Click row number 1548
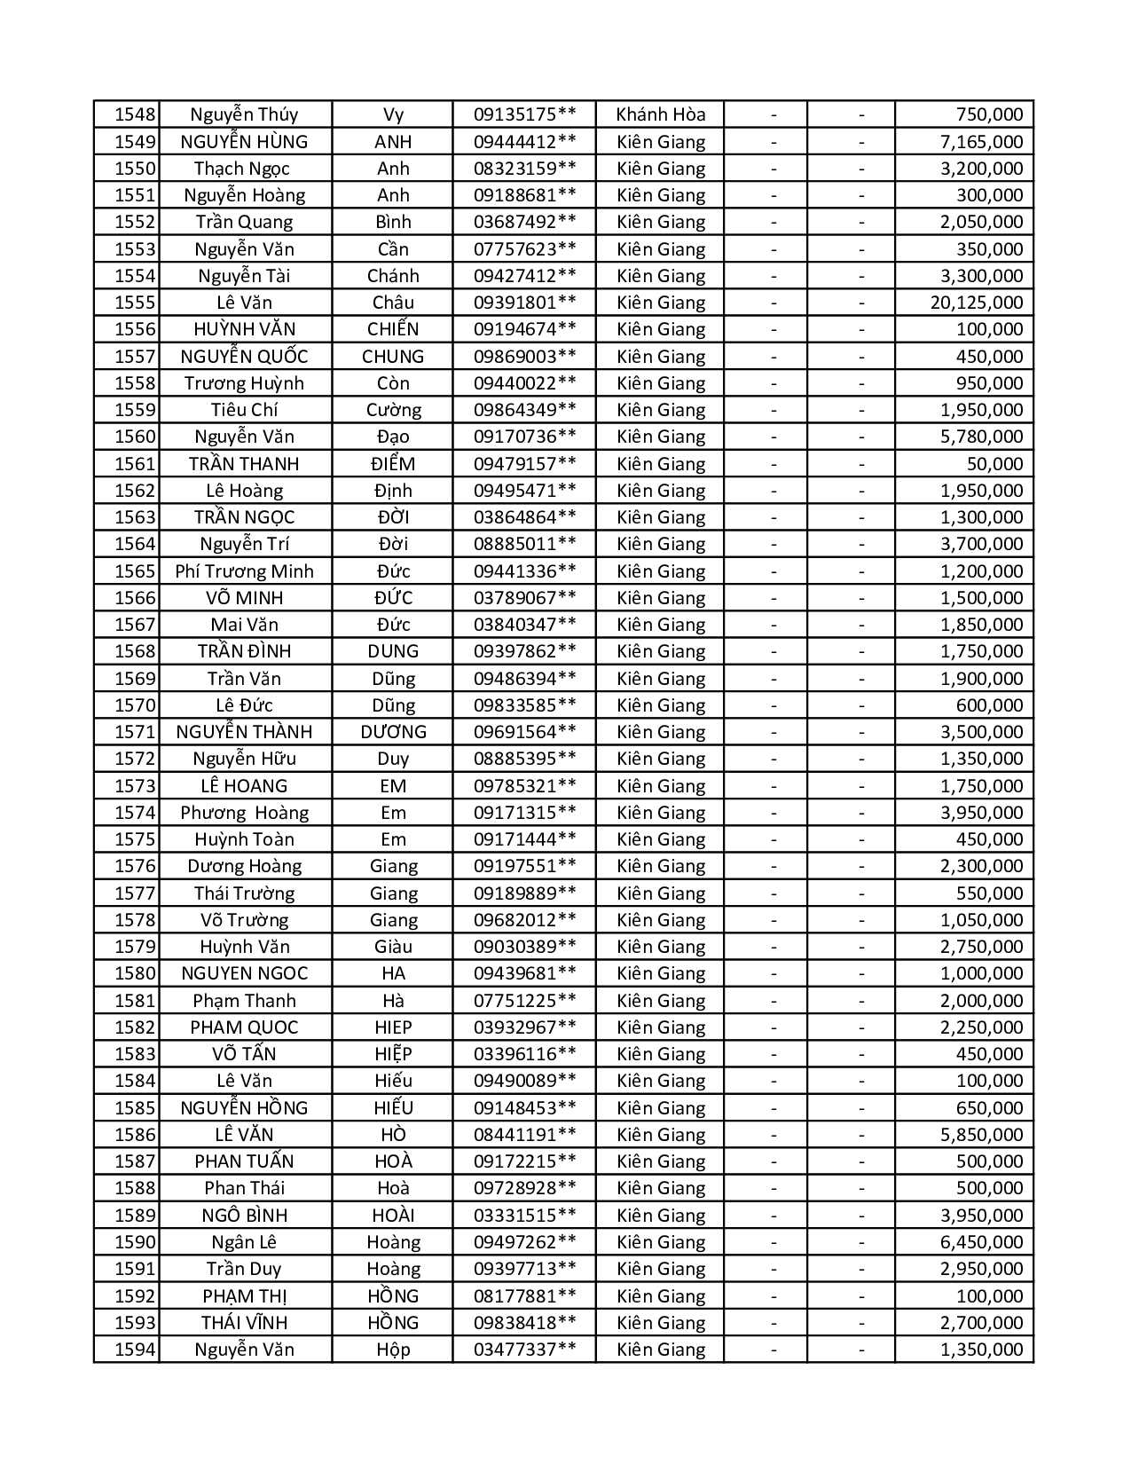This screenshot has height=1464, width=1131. (135, 114)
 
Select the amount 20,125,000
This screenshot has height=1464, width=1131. (976, 303)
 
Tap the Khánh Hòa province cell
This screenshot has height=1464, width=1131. (661, 114)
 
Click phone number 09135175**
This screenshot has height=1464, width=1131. (524, 114)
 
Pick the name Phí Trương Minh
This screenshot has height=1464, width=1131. (244, 571)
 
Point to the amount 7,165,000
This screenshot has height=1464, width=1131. (981, 142)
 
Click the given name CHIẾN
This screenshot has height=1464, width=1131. (393, 329)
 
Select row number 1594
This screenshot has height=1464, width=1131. (135, 1350)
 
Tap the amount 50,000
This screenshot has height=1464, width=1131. (994, 464)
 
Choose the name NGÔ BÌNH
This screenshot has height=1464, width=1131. (244, 1216)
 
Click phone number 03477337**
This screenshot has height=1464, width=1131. (524, 1350)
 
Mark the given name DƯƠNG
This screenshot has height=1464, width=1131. (393, 732)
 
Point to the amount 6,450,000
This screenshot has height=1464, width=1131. (981, 1242)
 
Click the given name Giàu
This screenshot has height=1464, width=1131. (393, 947)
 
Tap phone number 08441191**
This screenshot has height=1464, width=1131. (524, 1135)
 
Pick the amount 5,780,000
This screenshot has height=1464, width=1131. (981, 437)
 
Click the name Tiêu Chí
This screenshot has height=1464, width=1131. (244, 410)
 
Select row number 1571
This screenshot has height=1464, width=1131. (135, 732)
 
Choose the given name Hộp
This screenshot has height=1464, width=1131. (393, 1350)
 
